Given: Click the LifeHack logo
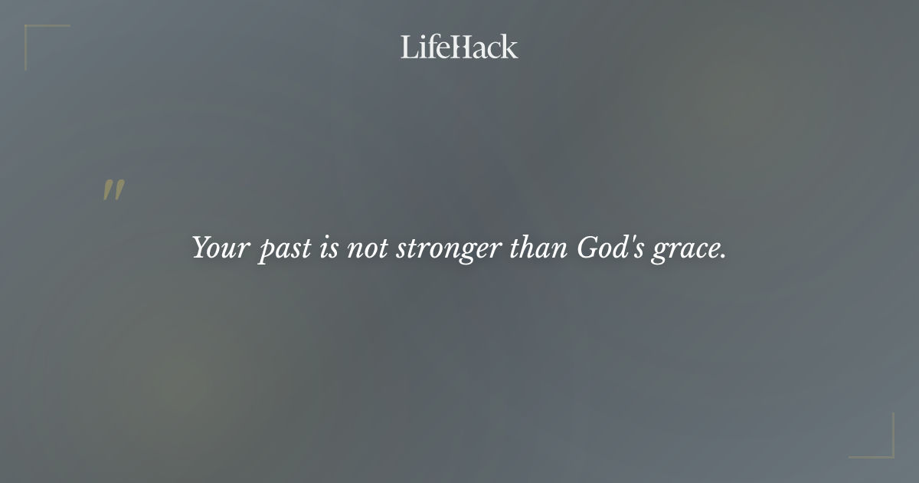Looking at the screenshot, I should [x=459, y=47].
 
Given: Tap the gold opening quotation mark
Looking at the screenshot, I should [x=113, y=190].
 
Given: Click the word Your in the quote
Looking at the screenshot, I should [x=216, y=248].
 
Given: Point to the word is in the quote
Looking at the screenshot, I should [x=327, y=248].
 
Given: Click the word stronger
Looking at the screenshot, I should [x=448, y=250].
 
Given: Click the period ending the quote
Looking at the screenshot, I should [x=723, y=257].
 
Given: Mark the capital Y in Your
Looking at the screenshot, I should [x=200, y=248].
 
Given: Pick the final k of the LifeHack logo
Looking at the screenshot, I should [x=510, y=47].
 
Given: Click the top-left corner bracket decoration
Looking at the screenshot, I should [x=31, y=31].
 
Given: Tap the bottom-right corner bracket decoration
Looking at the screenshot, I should [x=888, y=452].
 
